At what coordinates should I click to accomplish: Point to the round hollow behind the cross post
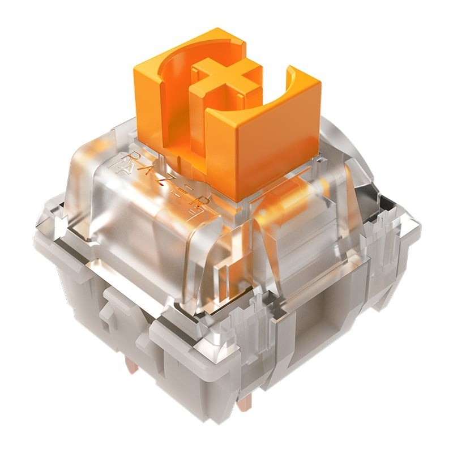187,62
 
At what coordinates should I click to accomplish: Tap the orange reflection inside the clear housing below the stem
277,210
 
